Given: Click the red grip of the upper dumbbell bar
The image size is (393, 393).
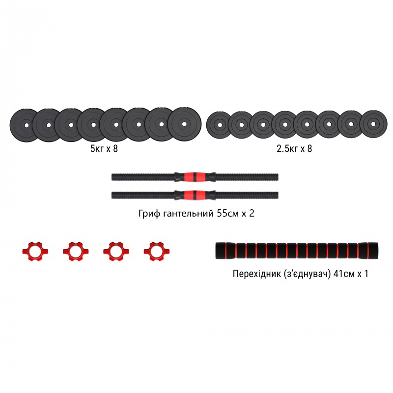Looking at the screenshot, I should coord(195,176).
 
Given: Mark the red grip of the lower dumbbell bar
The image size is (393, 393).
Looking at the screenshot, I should coord(195,195).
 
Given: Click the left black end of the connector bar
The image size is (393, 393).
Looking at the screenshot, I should coord(222,251).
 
